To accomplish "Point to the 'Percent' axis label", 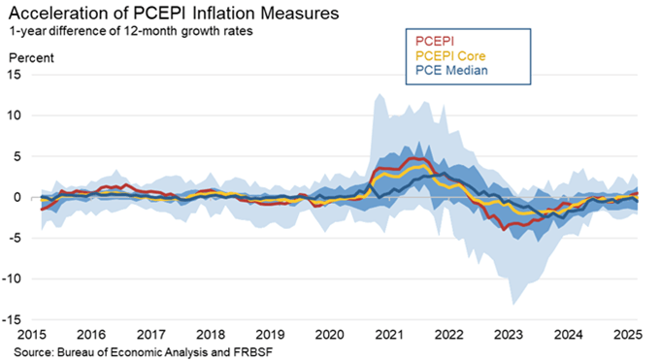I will (x=31, y=57).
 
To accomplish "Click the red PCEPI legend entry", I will (x=436, y=42).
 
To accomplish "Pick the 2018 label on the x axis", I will (x=212, y=335).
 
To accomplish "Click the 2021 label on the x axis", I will (x=389, y=335).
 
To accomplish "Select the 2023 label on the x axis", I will (x=508, y=335).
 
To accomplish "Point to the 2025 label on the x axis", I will (x=626, y=335).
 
